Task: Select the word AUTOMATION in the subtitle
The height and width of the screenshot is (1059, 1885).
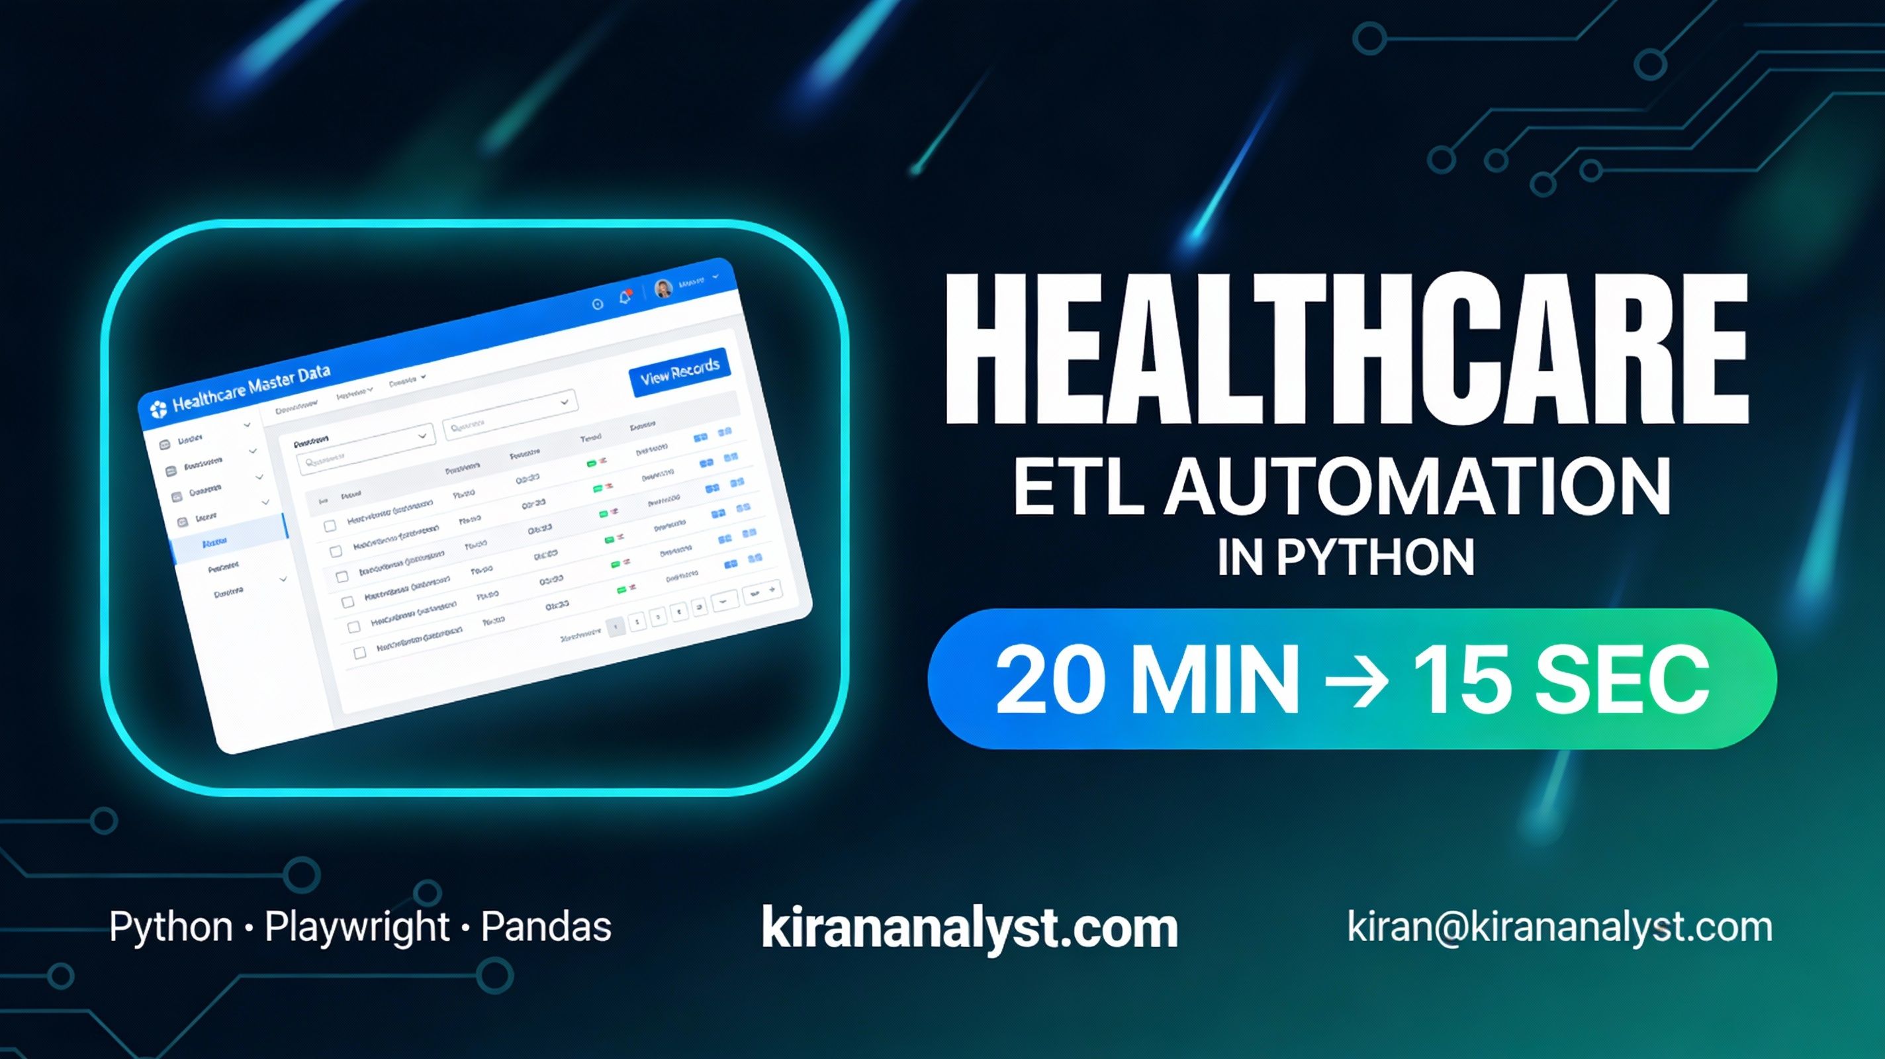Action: (x=1416, y=486)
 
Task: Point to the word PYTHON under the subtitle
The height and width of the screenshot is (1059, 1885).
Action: (x=1376, y=559)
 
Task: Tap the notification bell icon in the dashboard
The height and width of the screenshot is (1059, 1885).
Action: (x=625, y=297)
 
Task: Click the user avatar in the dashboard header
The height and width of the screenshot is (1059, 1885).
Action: (x=664, y=289)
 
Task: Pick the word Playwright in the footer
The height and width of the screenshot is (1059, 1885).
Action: (x=356, y=927)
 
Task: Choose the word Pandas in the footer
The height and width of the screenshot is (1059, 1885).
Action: (x=546, y=927)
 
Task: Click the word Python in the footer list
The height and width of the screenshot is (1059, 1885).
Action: (x=171, y=927)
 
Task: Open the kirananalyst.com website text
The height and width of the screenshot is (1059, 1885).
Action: (x=970, y=927)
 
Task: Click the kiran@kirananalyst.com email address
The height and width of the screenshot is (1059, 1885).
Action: (x=1559, y=927)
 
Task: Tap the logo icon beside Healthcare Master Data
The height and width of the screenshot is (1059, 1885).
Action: (x=158, y=409)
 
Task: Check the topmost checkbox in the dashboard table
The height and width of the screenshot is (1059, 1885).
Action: (x=330, y=526)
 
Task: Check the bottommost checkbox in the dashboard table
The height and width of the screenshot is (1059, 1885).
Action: (x=359, y=652)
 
